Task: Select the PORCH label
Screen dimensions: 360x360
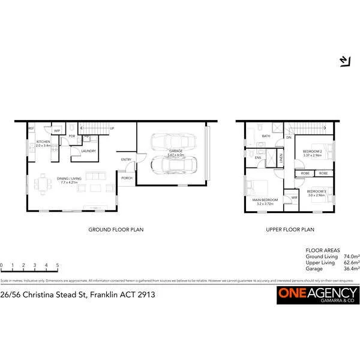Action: tap(127, 178)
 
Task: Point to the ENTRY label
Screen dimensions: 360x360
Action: tap(126, 159)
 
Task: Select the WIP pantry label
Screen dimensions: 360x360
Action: tap(58, 130)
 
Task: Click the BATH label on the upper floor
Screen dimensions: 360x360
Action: tap(265, 136)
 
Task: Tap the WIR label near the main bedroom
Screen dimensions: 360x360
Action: tap(295, 198)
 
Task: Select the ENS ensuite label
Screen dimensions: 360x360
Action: tap(257, 157)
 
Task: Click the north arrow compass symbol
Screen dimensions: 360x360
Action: tap(344, 61)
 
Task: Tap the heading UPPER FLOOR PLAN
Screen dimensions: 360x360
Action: tap(290, 229)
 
